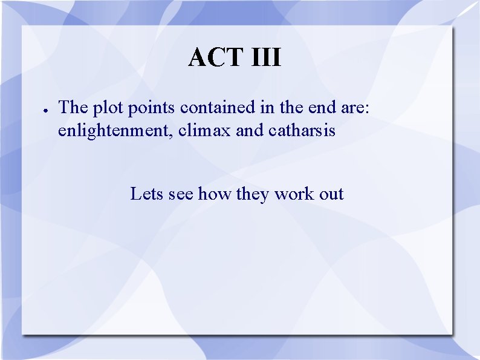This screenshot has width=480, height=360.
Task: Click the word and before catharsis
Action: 250,130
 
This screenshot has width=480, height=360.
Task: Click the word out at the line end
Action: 332,194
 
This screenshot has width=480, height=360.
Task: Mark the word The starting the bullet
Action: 73,108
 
